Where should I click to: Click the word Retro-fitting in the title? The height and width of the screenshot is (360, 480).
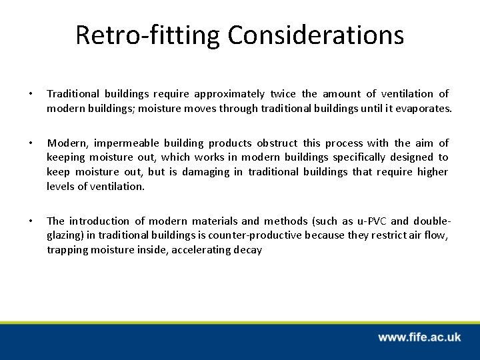tap(139, 35)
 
